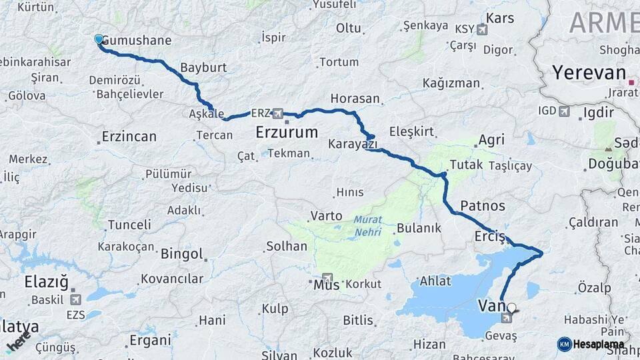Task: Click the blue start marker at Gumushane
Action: coord(99,39)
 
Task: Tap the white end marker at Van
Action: coord(511,308)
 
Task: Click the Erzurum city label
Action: coord(287,133)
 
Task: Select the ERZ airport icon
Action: coord(277,113)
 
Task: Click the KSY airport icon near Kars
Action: coord(481,29)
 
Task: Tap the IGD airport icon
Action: coord(564,111)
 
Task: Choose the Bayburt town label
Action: coord(204,68)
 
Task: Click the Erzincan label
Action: coord(129,137)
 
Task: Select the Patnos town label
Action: coord(483,205)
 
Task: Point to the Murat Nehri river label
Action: coord(368,225)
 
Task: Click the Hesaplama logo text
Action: coord(598,344)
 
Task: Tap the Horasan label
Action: coord(355,99)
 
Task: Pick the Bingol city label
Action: coord(181,254)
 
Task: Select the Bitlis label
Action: coord(358,321)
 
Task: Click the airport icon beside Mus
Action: coord(327,278)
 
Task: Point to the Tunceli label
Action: coord(129,224)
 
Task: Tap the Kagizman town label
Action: coord(451,83)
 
